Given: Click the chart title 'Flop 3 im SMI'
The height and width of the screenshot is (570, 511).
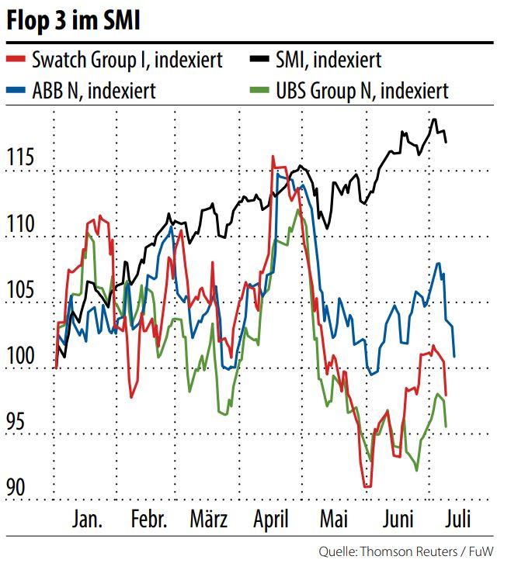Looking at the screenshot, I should click(74, 21).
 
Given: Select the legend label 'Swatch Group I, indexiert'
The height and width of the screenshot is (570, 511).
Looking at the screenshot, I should click(127, 60).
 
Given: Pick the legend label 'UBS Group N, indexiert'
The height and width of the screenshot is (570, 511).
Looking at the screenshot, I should click(362, 91).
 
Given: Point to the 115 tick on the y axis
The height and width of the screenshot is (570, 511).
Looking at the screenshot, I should click(21, 158).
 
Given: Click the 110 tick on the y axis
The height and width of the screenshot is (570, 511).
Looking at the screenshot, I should click(21, 225).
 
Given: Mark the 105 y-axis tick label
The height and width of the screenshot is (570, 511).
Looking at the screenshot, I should click(21, 291).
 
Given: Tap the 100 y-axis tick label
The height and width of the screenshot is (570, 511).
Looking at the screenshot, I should click(21, 358).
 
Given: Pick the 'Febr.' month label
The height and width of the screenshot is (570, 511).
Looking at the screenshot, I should click(148, 520).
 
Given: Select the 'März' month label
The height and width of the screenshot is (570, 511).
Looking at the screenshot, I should click(209, 520).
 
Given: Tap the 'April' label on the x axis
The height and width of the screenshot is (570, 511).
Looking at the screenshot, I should click(271, 520).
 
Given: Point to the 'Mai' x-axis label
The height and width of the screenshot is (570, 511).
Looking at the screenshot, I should click(334, 520).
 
